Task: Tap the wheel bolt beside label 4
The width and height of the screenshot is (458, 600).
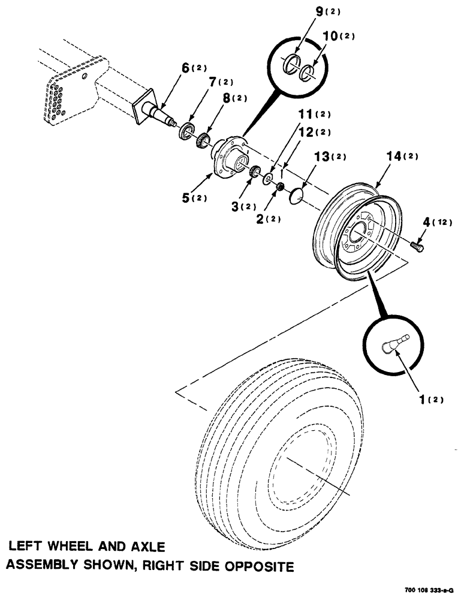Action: tap(417, 245)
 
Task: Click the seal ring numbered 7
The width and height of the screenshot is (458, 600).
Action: tap(188, 130)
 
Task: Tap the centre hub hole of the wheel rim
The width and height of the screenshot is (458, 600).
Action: tap(360, 232)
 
